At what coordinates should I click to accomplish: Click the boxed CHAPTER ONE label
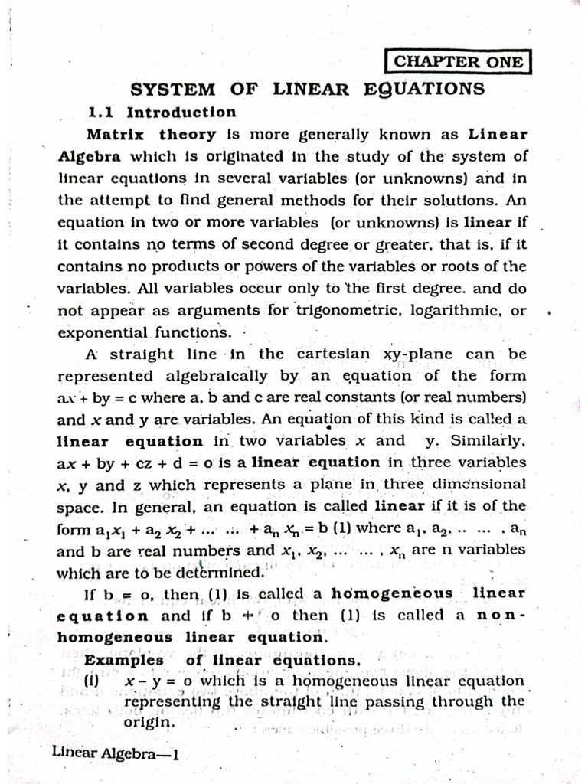pos(458,62)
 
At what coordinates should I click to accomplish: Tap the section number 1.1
pos(101,113)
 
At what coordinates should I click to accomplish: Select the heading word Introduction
pos(181,113)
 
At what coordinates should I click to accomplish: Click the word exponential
pos(103,333)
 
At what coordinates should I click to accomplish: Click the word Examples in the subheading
pos(124,660)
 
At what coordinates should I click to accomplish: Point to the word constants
pos(369,398)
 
